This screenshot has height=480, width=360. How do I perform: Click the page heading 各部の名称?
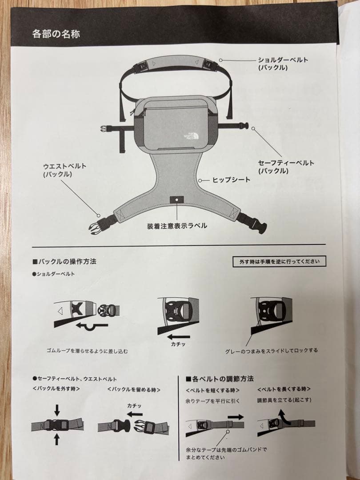tap(56, 33)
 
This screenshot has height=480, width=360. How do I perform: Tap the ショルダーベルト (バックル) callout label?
tap(283, 64)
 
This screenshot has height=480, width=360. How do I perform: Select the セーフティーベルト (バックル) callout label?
tap(286, 167)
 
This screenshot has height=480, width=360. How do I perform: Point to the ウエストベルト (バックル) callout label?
tap(65, 170)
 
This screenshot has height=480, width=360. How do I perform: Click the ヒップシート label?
tap(231, 180)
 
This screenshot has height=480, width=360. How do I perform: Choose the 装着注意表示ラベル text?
tap(177, 226)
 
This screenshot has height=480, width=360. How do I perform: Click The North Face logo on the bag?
tap(190, 136)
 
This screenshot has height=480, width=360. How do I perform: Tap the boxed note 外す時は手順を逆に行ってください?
tap(279, 261)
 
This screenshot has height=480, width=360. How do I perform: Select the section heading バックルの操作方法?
tap(64, 261)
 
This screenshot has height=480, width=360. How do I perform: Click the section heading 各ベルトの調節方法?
tap(220, 379)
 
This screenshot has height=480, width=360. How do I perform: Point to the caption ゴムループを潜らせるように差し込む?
tap(87, 351)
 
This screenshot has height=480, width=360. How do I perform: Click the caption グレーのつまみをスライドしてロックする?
tap(271, 351)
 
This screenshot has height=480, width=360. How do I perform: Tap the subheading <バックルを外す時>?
tap(56, 389)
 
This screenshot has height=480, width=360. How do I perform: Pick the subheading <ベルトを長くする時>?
tap(284, 389)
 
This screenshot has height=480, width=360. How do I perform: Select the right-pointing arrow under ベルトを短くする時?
tap(236, 416)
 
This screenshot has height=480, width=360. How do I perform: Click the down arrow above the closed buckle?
tap(57, 410)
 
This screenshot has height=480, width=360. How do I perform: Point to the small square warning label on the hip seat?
tap(176, 200)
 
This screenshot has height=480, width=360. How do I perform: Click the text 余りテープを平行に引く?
tap(212, 401)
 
